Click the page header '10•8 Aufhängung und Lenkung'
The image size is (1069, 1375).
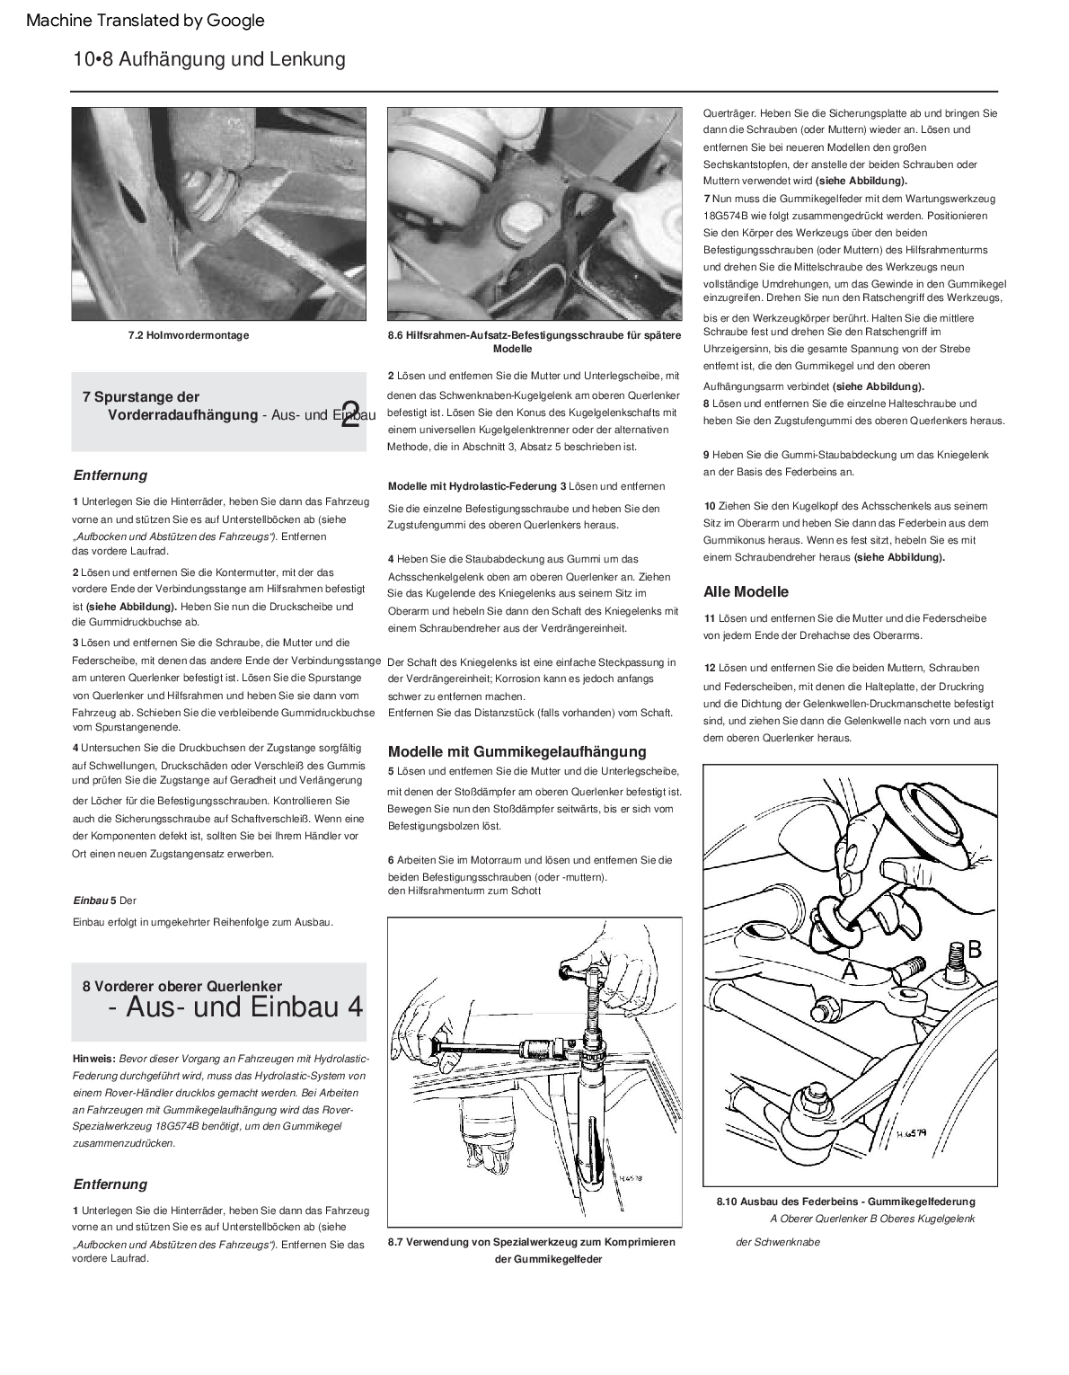209,59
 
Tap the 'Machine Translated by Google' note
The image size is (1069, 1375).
146,20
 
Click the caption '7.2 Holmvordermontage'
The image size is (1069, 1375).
189,335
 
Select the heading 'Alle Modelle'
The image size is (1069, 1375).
746,591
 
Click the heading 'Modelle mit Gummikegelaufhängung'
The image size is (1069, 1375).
517,751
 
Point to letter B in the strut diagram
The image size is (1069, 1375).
974,949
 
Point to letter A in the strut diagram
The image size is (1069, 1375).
849,971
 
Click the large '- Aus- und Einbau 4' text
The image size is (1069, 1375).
235,1007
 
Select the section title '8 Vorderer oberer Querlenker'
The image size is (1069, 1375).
182,986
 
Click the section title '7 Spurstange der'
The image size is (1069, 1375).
141,396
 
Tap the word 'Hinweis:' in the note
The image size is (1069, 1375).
94,1059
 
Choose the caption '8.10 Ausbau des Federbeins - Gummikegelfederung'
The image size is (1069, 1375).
845,1202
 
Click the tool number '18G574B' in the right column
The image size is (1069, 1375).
730,216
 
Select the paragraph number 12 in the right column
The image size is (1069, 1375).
710,668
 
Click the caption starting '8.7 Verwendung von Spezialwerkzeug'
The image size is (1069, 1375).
532,1242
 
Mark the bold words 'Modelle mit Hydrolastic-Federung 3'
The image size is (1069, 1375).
477,486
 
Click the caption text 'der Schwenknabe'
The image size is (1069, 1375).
777,1242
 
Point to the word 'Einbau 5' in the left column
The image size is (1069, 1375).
94,900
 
